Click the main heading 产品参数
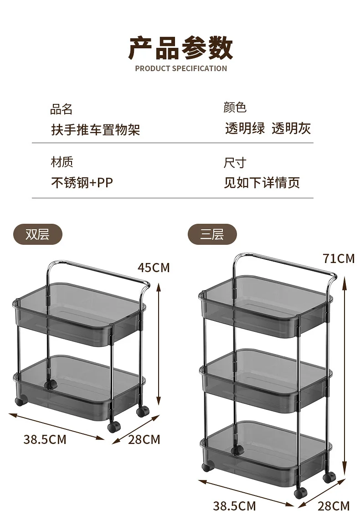[180, 48]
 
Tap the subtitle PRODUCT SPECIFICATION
[181, 69]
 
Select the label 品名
[62, 109]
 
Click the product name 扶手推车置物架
[95, 129]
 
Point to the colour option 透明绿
[245, 129]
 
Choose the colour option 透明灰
[291, 129]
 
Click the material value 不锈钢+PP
[82, 183]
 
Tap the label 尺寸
[235, 163]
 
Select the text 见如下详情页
[262, 183]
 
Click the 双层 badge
[37, 235]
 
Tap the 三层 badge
[212, 235]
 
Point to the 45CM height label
[154, 267]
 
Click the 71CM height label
[339, 258]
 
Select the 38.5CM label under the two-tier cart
[45, 439]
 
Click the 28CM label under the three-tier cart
[334, 505]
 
